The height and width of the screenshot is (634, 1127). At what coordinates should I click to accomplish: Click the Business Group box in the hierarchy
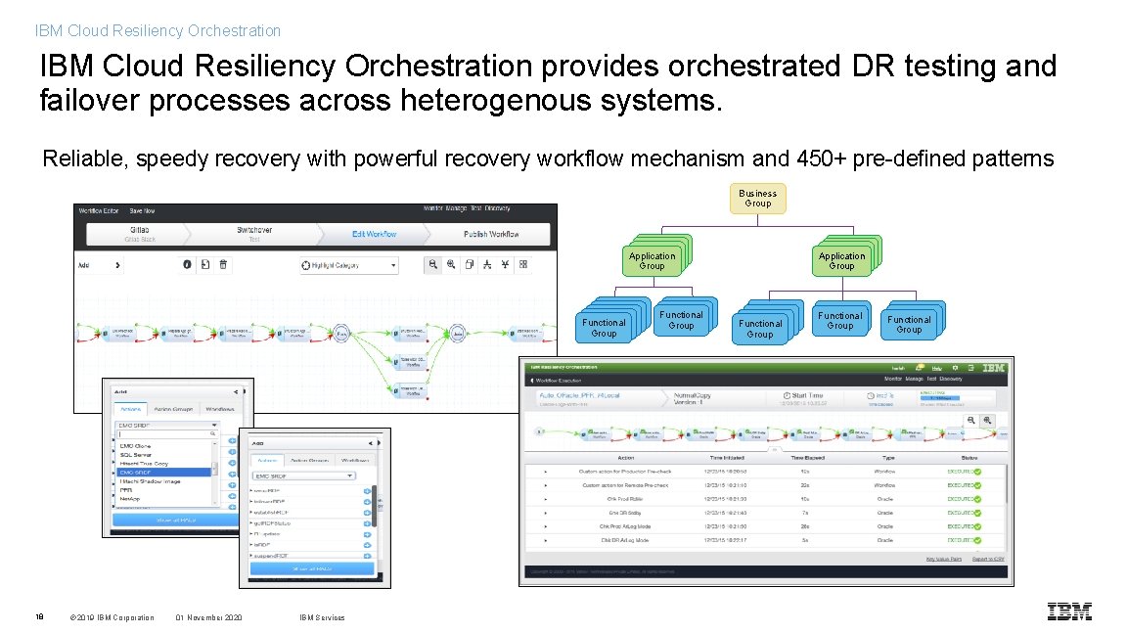758,199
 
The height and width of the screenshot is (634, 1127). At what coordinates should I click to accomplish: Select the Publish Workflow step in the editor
491,235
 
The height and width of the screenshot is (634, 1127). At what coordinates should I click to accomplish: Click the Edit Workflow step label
374,235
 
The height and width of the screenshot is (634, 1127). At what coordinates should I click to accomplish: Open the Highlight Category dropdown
349,265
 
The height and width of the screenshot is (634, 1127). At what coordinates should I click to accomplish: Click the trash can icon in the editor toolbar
223,264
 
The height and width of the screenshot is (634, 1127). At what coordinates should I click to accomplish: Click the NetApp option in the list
131,498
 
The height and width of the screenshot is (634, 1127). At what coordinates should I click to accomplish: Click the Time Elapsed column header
808,458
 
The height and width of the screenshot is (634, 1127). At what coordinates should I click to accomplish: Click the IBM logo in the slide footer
1069,611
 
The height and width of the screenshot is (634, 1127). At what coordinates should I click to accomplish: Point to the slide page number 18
39,617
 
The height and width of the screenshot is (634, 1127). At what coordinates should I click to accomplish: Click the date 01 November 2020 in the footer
208,617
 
